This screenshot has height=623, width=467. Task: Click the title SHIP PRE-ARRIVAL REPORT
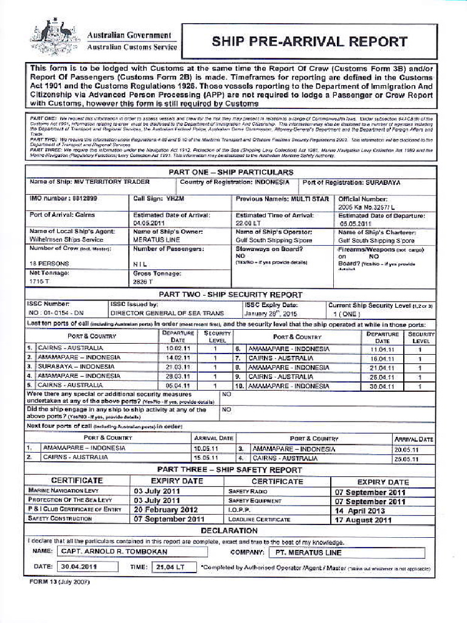click(x=310, y=42)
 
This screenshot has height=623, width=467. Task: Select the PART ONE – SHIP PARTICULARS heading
click(x=231, y=172)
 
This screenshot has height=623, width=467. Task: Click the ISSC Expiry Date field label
click(x=271, y=305)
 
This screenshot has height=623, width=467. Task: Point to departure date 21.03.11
click(x=178, y=368)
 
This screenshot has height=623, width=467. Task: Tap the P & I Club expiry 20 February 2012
click(x=166, y=510)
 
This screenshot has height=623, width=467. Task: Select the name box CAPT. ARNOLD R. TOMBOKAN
click(x=131, y=552)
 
